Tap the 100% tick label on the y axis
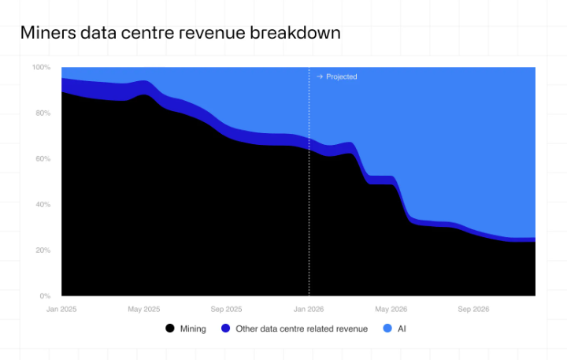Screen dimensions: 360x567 coord(41,68)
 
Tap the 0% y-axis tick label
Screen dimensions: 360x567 coord(45,296)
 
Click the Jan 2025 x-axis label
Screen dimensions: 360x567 coord(61,309)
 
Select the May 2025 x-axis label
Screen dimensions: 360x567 coord(144,309)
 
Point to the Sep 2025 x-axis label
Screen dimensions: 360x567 coord(227,309)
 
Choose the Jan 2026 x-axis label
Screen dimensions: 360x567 coord(309,309)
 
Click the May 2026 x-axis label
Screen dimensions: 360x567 coord(391,309)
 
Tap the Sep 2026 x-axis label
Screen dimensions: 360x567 coord(473,309)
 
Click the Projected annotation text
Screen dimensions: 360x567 coord(341,77)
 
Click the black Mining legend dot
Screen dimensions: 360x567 coord(169,328)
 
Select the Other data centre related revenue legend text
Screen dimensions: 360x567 coord(300,328)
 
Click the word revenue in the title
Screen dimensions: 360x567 coord(217,33)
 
